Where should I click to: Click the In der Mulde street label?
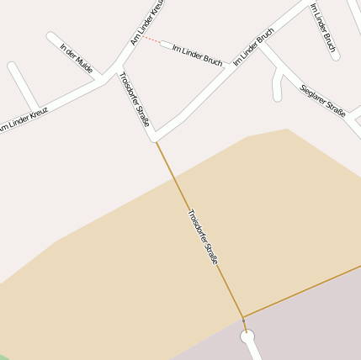pyautogui.click(x=77, y=58)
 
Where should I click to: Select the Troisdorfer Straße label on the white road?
pyautogui.click(x=135, y=101)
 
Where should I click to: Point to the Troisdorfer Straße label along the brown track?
pyautogui.click(x=202, y=237)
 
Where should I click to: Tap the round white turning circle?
pyautogui.click(x=247, y=337)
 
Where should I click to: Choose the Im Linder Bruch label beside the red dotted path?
pyautogui.click(x=197, y=55)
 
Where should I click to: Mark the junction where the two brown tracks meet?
pyautogui.click(x=242, y=318)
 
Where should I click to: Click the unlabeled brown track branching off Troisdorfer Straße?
pyautogui.click(x=303, y=291)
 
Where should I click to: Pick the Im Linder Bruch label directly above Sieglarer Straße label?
pyautogui.click(x=325, y=30)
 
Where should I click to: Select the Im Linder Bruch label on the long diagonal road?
pyautogui.click(x=254, y=48)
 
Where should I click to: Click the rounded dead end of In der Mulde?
pyautogui.click(x=51, y=37)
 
